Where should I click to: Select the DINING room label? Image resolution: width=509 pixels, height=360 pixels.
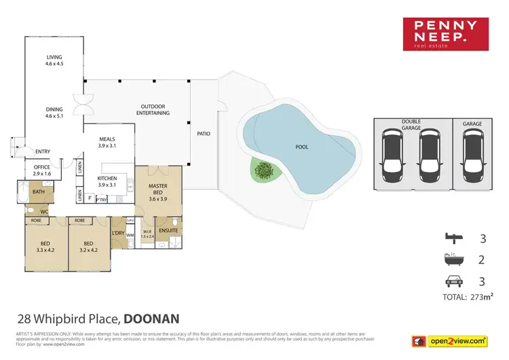click(54, 112)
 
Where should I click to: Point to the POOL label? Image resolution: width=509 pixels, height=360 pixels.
click(301, 147)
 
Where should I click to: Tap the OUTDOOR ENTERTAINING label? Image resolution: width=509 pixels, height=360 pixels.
click(155, 109)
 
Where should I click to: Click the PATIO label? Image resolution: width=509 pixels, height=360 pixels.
click(203, 134)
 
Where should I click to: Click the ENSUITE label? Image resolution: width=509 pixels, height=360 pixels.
click(168, 230)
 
